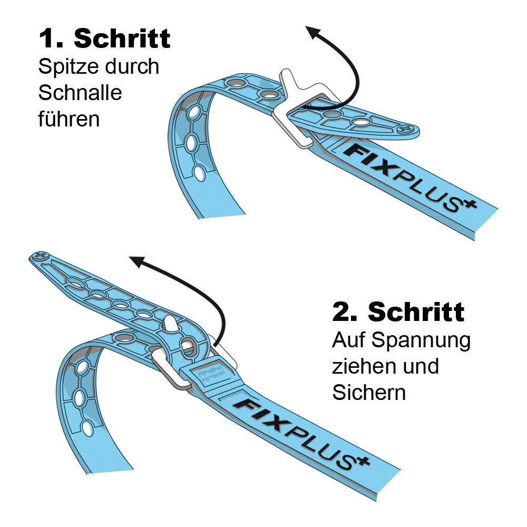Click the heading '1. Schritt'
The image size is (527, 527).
(x=104, y=38)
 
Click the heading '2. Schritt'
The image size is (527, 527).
(x=398, y=311)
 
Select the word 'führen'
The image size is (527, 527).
(x=69, y=119)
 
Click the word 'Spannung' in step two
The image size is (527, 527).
(x=421, y=341)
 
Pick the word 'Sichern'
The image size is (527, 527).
(x=369, y=392)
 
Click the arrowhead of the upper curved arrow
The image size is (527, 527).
(x=313, y=32)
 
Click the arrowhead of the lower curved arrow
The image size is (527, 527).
(x=137, y=261)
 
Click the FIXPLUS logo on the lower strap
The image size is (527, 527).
(x=301, y=434)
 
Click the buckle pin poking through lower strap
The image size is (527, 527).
(x=170, y=324)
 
